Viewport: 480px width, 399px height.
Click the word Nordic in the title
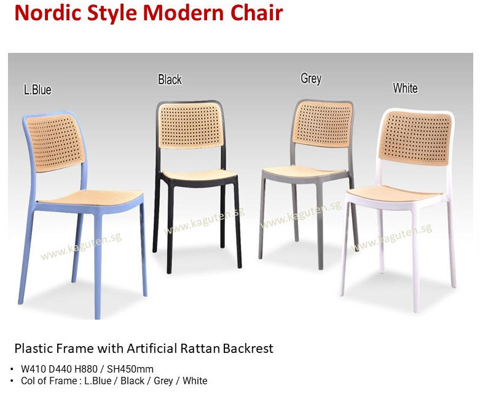pyautogui.click(x=49, y=13)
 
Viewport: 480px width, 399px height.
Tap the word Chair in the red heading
pyautogui.click(x=257, y=13)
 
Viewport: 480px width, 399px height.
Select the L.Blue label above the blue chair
pyautogui.click(x=37, y=90)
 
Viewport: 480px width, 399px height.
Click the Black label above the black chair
pyautogui.click(x=170, y=80)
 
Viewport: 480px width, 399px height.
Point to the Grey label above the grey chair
pyautogui.click(x=311, y=79)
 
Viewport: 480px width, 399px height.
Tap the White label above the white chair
pyautogui.click(x=405, y=88)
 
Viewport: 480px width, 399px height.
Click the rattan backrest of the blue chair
pyautogui.click(x=55, y=143)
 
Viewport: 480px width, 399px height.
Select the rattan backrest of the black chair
pyautogui.click(x=190, y=125)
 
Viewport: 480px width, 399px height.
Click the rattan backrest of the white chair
pyautogui.click(x=415, y=138)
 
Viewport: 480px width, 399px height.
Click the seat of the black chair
pyautogui.click(x=199, y=175)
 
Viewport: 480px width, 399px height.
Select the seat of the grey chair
pyautogui.click(x=304, y=172)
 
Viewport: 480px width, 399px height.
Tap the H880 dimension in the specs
pyautogui.click(x=86, y=369)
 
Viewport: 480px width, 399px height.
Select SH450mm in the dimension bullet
pyautogui.click(x=130, y=369)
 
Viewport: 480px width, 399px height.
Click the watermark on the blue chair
pyautogui.click(x=81, y=246)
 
